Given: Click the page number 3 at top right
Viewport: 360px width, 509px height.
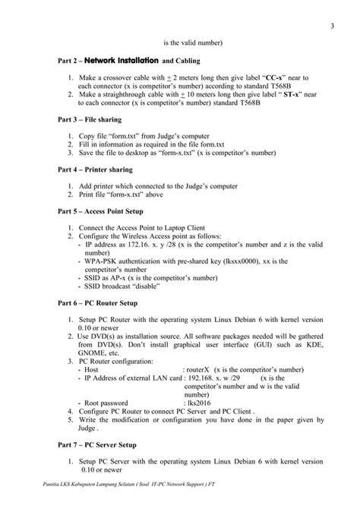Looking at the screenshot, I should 333,28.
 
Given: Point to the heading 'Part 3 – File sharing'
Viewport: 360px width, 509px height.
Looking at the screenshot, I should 90,119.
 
